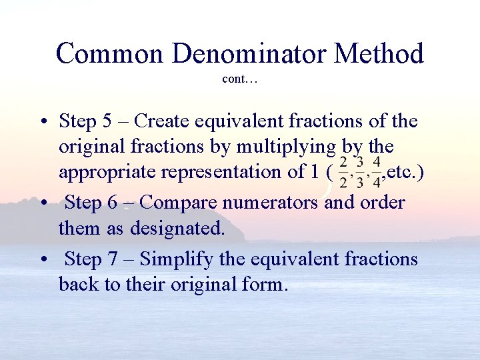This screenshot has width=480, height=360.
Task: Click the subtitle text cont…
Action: tap(240, 79)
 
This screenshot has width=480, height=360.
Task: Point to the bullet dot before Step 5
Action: tap(42, 122)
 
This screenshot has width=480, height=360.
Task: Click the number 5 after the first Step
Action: tap(107, 121)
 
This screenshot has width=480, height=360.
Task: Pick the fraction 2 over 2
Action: tap(343, 172)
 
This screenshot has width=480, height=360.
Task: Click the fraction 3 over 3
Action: tap(360, 172)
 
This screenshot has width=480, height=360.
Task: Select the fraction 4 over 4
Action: tap(377, 172)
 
